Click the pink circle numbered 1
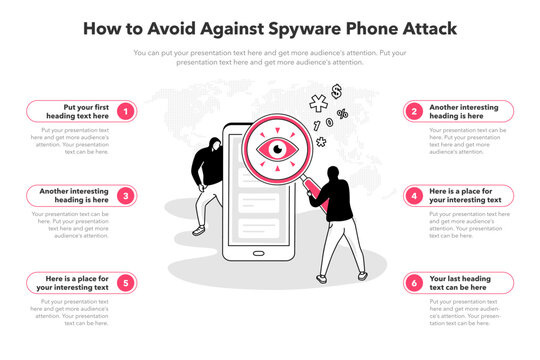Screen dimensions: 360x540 [x=125, y=111]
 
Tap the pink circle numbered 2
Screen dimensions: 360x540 [x=415, y=111]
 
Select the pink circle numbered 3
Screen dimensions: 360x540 [x=125, y=196]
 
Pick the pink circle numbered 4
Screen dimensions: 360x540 [x=415, y=196]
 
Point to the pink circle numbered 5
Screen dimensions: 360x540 [x=125, y=283]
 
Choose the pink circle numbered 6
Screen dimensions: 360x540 [x=415, y=283]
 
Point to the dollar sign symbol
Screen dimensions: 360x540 [x=337, y=91]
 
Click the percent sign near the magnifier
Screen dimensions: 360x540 [x=342, y=114]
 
